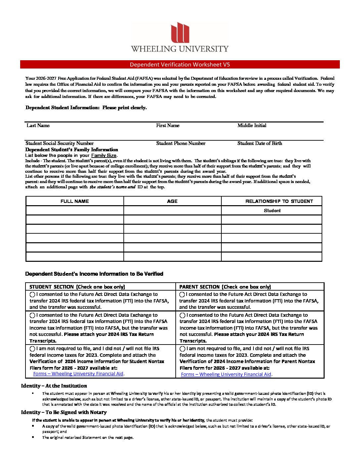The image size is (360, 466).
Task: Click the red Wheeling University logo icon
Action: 180,32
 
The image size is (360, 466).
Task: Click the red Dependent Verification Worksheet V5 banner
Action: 180,65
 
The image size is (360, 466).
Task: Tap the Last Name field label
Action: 38,125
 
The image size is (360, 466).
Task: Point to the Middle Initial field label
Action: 252,125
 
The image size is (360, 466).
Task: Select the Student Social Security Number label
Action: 60,143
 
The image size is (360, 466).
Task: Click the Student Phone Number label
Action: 181,143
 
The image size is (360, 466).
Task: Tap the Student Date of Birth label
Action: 260,143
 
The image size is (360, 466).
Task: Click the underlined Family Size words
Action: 104,156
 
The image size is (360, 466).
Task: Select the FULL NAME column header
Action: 75,201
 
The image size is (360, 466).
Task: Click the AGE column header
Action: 172,201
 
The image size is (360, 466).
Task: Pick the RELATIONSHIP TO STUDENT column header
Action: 279,201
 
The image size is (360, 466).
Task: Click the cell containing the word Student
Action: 272,210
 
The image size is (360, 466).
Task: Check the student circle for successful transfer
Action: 32,295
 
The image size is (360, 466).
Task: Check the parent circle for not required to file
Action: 182,349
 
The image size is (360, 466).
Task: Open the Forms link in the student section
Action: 78,374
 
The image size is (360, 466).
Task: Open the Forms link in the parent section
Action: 226,374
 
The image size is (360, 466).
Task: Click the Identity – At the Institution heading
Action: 54,386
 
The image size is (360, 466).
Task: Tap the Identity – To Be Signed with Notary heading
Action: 64,412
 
